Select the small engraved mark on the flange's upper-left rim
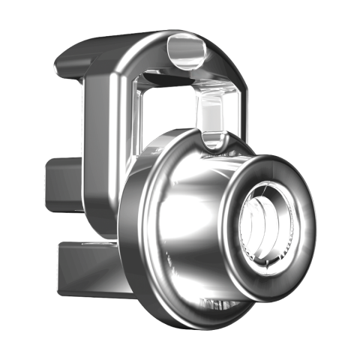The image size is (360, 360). click(157, 151)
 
